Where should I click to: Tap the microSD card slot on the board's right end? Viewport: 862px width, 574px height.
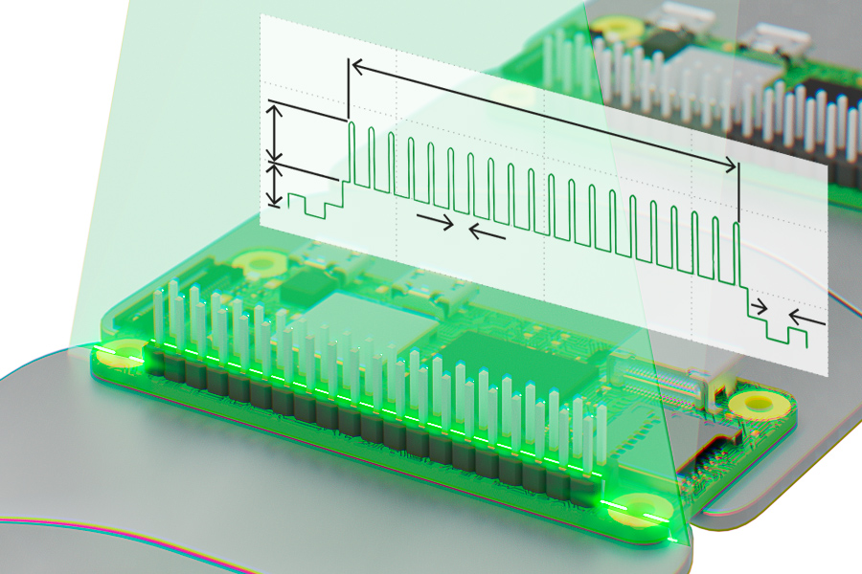click(709, 450)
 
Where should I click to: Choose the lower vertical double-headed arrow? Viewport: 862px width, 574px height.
click(276, 185)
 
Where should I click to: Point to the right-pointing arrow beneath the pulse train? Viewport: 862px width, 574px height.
click(436, 220)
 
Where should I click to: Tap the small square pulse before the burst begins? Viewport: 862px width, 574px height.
click(306, 203)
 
